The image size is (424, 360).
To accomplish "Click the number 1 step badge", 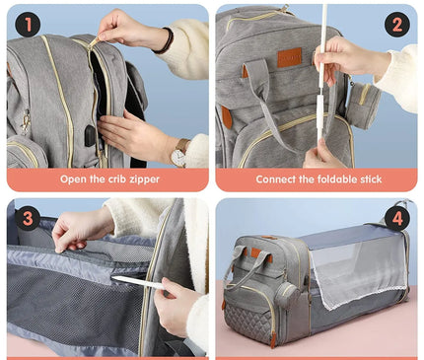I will click(28, 24).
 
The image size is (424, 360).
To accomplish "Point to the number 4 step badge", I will click(396, 218).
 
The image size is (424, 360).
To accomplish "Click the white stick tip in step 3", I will click(115, 279).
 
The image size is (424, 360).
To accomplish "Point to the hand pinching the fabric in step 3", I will click(73, 229).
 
